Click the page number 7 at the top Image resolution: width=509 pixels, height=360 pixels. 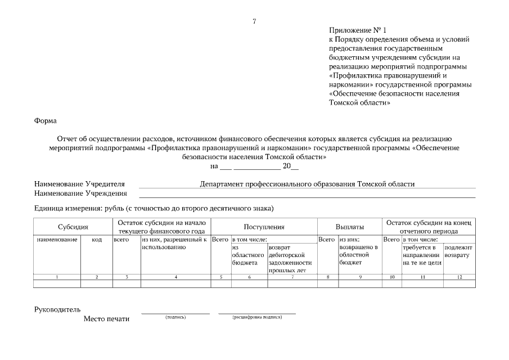click(254, 21)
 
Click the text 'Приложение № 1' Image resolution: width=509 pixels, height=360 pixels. click(358, 30)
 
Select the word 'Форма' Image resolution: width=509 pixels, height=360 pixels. click(46, 120)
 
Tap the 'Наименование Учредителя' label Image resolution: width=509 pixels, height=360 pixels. click(79, 184)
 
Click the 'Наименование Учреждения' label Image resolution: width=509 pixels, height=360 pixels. click(80, 193)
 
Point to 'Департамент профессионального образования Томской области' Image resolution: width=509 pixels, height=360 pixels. click(307, 184)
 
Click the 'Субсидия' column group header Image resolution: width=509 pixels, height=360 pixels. click(73, 227)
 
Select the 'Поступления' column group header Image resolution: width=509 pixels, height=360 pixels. click(263, 227)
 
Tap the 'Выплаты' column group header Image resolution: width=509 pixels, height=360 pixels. click(349, 227)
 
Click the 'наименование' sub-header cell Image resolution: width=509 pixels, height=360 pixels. click(57, 240)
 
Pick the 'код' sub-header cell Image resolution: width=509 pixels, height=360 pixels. click(96, 240)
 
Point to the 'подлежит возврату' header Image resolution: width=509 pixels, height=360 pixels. click(458, 251)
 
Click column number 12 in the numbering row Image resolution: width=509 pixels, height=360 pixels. click(459, 277)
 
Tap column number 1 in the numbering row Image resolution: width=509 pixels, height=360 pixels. click(57, 277)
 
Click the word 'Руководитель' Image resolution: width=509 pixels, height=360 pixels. click(57, 309)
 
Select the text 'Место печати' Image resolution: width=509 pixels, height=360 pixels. click(106, 319)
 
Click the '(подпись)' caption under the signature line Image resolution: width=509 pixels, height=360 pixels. click(175, 317)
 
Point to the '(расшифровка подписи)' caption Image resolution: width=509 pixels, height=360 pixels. click(257, 317)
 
